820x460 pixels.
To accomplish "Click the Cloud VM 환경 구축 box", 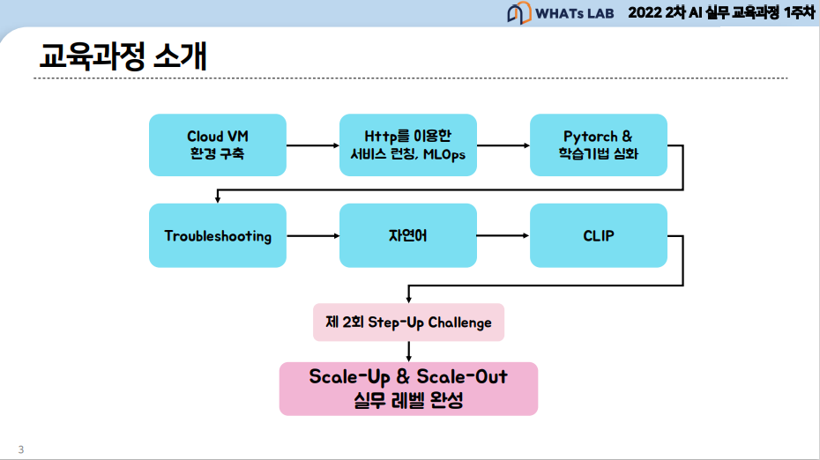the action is pos(218,145).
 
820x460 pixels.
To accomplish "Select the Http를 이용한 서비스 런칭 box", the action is pos(408,145).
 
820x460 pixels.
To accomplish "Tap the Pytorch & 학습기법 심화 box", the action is pos(598,145).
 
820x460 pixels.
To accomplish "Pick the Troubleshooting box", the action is pos(218,235).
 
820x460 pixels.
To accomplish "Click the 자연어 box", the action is pos(408,235).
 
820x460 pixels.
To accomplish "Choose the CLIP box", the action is pos(598,235).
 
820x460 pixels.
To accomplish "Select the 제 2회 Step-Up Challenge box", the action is pos(408,322).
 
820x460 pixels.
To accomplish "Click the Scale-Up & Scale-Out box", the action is pos(408,388).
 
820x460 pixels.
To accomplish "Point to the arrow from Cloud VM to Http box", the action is pos(313,145).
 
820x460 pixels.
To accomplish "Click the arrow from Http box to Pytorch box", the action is pos(503,145).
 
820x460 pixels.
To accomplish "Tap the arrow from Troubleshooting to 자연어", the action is pos(313,235).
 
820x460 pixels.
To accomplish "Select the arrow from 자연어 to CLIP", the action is pos(503,235).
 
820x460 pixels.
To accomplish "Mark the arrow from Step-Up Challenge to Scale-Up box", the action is pos(408,351).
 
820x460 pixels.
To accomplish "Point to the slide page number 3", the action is pos(20,447).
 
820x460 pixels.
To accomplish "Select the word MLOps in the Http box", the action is pos(446,154).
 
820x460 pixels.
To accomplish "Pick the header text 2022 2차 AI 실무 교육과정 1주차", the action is pos(720,14).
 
